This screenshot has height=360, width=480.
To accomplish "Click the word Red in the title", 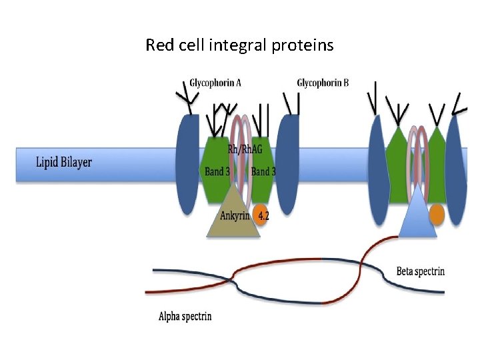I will coord(159,45).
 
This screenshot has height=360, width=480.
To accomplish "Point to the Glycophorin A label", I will coord(215,83).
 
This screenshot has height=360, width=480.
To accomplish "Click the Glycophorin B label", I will coord(323,83).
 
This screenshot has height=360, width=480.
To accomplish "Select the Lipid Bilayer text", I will coord(64,162).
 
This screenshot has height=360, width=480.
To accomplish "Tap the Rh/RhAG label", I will coord(241,149).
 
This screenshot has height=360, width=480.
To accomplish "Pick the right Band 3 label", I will coord(263,171).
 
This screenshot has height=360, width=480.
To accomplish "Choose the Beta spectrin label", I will coord(420,271).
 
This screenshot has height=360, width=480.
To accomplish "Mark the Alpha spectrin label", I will coord(185,315).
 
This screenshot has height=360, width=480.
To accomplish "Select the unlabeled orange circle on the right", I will coord(436,215).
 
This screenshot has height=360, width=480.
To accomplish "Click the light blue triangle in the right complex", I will coord(417,215).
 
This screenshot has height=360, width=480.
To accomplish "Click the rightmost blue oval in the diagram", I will coord(455,167).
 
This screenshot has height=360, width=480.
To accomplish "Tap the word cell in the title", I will coord(192,45).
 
